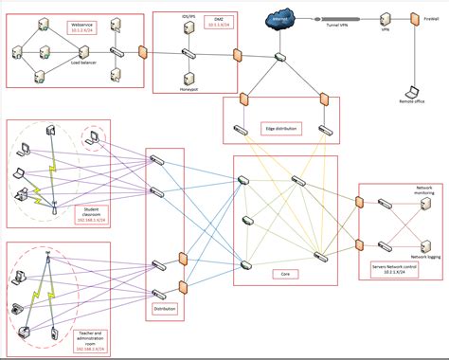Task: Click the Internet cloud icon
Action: (280, 20)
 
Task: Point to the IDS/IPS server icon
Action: (188, 29)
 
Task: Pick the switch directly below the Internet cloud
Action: (280, 58)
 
